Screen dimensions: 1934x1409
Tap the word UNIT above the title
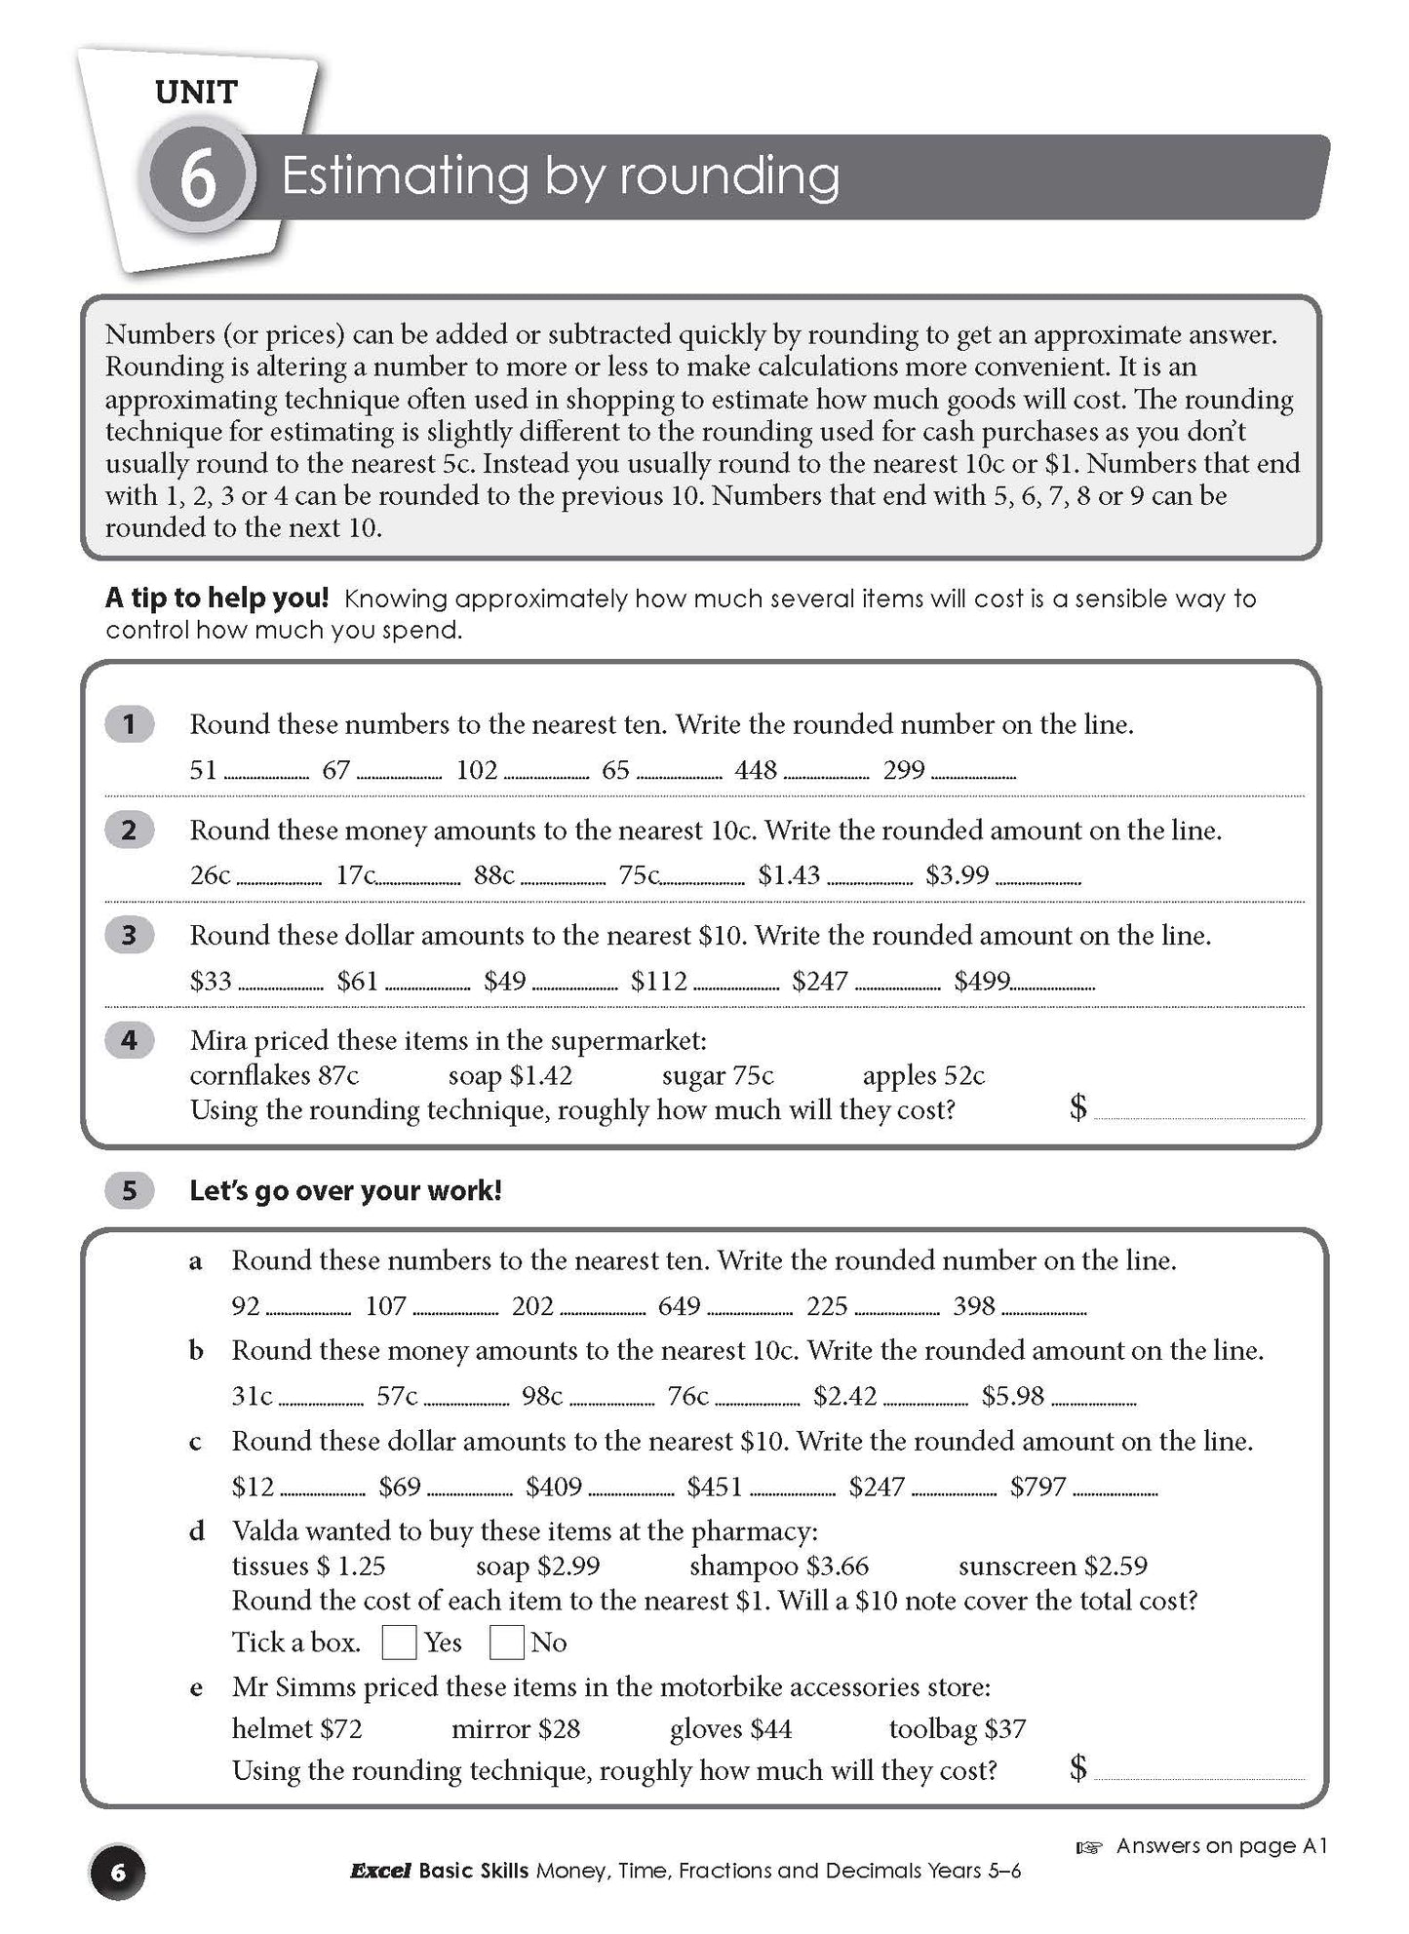pyautogui.click(x=196, y=93)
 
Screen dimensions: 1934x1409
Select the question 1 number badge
pyautogui.click(x=129, y=724)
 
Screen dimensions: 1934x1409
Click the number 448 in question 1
pyautogui.click(x=756, y=770)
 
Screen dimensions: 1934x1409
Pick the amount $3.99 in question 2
pyautogui.click(x=957, y=875)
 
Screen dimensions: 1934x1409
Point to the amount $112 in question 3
pyautogui.click(x=658, y=981)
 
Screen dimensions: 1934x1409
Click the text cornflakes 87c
pyautogui.click(x=274, y=1075)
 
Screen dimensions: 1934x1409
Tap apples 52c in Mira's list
pyautogui.click(x=923, y=1075)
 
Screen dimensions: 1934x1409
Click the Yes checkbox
pyautogui.click(x=399, y=1643)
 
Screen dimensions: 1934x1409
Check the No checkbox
pyautogui.click(x=506, y=1643)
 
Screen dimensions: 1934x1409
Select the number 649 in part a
pyautogui.click(x=680, y=1306)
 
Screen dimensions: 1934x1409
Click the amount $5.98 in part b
pyautogui.click(x=1012, y=1397)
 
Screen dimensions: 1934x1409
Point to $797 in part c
pyautogui.click(x=1037, y=1487)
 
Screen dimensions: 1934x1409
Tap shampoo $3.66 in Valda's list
pyautogui.click(x=778, y=1567)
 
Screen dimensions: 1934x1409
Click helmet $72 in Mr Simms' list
pyautogui.click(x=296, y=1729)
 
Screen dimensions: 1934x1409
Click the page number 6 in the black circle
pyautogui.click(x=117, y=1873)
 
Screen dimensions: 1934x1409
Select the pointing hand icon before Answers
pyautogui.click(x=1087, y=1846)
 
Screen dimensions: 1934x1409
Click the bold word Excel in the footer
pyautogui.click(x=380, y=1871)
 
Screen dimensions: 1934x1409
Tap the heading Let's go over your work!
pyautogui.click(x=345, y=1191)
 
